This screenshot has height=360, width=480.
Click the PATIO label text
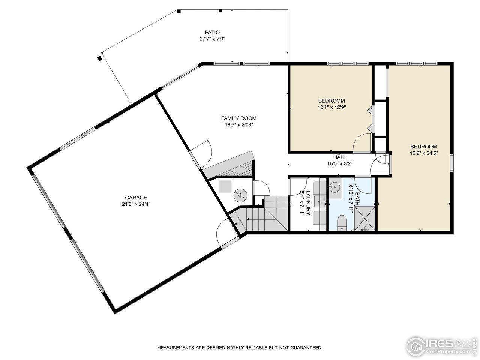(212, 32)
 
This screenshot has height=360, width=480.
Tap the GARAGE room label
(136, 198)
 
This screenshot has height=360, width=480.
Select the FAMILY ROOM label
(238, 118)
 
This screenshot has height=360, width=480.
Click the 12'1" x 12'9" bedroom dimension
(331, 107)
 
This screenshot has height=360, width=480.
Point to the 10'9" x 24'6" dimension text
(424, 153)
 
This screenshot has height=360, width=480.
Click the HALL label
(340, 157)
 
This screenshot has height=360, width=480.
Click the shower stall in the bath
(365, 218)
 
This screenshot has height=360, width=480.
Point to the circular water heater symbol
(239, 195)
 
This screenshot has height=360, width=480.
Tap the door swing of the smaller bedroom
(362, 143)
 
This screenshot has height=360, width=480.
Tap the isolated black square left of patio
(99, 58)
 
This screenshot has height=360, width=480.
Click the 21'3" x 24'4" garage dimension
(136, 204)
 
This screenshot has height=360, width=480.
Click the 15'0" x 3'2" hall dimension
(340, 163)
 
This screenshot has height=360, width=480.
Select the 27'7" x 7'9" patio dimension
(212, 39)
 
